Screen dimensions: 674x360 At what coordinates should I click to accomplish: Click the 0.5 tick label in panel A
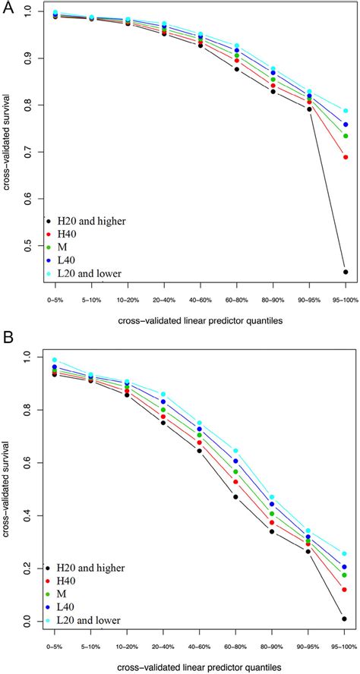tap(28, 245)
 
